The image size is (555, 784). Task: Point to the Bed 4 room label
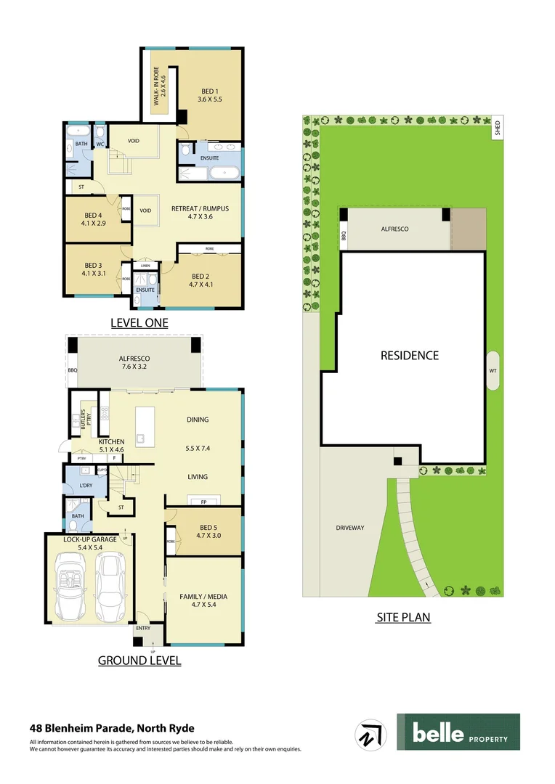pos(93,219)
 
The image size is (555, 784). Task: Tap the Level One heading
pos(139,322)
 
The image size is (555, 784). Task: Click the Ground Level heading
pos(139,660)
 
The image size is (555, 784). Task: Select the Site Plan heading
pos(403,618)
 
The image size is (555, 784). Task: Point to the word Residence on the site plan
pos(410,356)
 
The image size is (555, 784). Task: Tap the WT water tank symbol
pos(493,370)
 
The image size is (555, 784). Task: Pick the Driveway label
pos(349,528)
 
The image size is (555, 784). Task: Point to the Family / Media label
pos(203,601)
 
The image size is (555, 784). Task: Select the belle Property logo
pos(458,732)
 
